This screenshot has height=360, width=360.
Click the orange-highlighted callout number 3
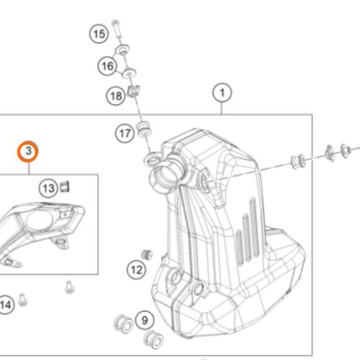pos(28,152)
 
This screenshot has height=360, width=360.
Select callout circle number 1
pos(222,93)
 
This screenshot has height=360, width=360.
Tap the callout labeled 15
pos(99,34)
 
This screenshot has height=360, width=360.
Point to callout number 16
pos(107,66)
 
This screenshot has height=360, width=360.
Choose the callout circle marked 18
pos(116,96)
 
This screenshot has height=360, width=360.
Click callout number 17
pos(125,133)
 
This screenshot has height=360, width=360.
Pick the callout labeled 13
pos(48,189)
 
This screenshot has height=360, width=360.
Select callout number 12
pos(137,270)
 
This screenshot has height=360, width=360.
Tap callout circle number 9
pos(145,320)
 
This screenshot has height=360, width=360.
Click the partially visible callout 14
pos(6,305)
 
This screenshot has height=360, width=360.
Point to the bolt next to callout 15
pos(117,29)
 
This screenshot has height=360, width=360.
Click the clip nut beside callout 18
pos(133,91)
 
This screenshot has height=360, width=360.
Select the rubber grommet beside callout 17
pos(143,129)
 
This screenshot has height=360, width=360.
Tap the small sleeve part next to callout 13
pos(64,187)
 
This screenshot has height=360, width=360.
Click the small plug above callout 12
pos(147,254)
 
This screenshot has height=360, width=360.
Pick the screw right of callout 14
pos(23,300)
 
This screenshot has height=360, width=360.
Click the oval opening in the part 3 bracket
pos(39,220)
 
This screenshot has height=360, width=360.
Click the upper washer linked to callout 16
pos(122,50)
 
